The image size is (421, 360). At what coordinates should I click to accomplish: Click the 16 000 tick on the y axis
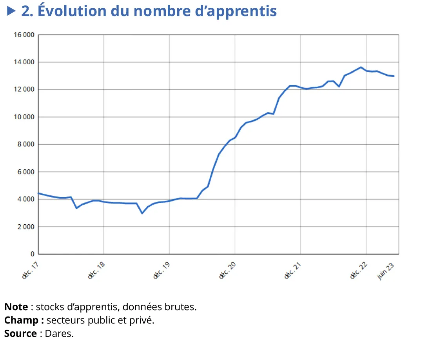click(24, 35)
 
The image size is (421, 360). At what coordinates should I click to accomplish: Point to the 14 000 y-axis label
click(24, 62)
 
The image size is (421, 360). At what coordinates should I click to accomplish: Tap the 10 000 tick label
click(24, 117)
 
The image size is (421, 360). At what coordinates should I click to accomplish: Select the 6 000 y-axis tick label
click(26, 172)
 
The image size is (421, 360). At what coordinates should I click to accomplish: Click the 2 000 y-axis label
click(26, 227)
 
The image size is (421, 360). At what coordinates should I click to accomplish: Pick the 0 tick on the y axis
click(33, 255)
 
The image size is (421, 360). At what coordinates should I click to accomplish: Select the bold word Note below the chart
click(16, 307)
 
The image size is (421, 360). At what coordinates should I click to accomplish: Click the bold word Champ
click(21, 320)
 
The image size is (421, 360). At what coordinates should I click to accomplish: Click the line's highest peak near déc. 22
click(361, 67)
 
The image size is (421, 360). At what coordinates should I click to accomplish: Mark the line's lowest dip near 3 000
click(142, 213)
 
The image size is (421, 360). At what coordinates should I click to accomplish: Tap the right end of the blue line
click(394, 76)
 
